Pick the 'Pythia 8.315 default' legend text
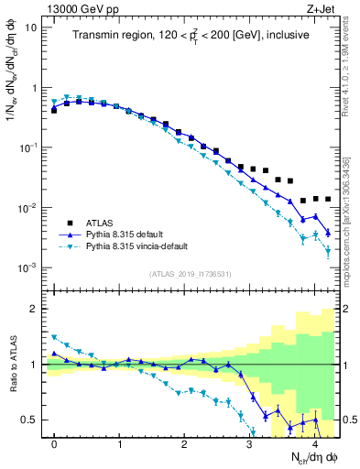pos(132,234)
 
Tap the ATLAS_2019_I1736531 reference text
pos(191,274)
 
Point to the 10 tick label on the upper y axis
pos(30,27)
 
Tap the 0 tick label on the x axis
pos(54,444)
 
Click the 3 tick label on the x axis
pos(249,444)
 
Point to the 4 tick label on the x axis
pos(314,444)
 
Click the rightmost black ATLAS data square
pos(328,199)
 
